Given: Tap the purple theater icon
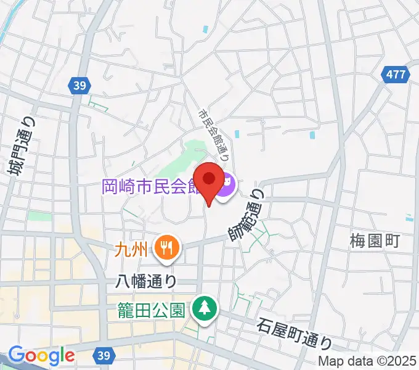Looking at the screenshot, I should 225,183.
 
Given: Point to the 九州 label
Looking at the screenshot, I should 131,250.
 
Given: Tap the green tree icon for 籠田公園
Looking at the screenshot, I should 203,306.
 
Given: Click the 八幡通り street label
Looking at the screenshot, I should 146,281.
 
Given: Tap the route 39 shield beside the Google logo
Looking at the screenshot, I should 104,356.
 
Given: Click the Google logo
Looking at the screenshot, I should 41,355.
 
